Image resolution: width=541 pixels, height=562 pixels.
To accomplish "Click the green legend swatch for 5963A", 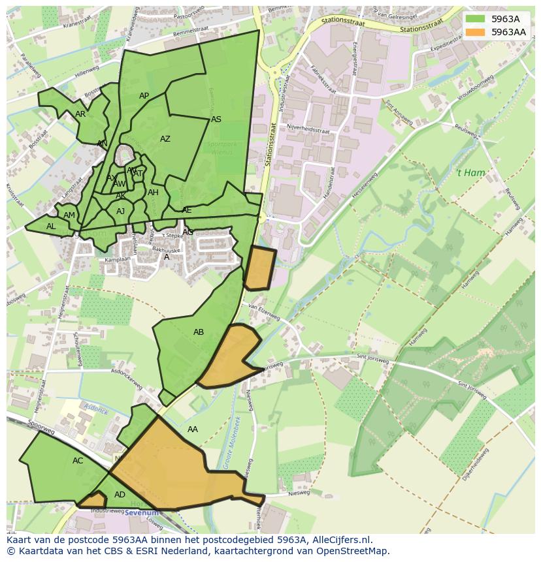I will pos(476,19).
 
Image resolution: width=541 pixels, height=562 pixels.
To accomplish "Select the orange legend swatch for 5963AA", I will pos(476,32).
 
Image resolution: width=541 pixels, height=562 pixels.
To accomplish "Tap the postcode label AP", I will pos(144,96).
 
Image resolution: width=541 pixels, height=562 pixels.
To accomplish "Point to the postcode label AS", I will pos(216,119).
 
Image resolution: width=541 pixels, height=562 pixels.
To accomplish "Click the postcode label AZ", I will pos(165,139).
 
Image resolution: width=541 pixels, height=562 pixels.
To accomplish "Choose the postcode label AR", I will pos(80,114).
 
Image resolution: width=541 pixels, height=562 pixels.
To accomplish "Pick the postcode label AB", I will pos(199,332).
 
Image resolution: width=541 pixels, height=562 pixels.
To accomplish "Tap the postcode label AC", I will pos(78,461).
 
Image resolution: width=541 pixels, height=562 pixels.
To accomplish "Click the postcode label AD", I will pos(120,495).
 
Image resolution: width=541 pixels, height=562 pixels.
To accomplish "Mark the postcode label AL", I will pos(51,226).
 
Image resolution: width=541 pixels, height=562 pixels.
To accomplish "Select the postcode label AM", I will pos(69,215).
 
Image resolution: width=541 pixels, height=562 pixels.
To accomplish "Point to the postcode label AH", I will pos(153,193).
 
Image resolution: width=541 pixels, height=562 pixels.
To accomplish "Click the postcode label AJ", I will pos(120,211).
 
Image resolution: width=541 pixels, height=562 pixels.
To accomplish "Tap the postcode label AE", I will pos(187,210).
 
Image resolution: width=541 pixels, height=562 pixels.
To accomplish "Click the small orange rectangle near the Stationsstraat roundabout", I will pos(260,268).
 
